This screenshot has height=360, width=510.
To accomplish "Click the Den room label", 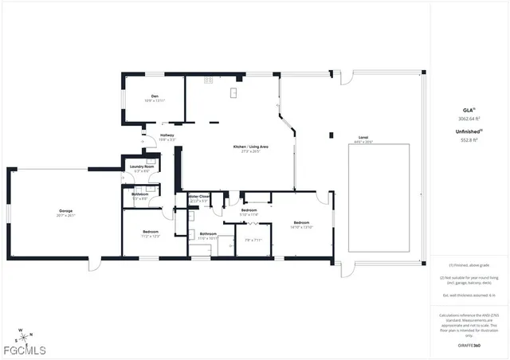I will pos(155,96).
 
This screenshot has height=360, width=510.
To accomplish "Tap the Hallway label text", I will pos(167,135).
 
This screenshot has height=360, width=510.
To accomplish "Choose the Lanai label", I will pos(363,136).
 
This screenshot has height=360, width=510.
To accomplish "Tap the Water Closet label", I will pos(199,196).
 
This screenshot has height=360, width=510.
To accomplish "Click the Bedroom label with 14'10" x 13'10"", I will pos(301,223).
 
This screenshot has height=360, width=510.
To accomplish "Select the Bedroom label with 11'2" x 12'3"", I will pos(151,232).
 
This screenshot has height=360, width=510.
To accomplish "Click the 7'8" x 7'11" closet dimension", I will pos(253,240).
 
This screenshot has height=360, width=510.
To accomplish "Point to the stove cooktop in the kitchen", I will pos(209,80).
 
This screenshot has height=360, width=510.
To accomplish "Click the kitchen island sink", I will pos(233,93).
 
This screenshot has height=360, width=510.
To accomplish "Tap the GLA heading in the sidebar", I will pos(469,109).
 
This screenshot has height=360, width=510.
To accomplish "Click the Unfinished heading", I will pos(469,131).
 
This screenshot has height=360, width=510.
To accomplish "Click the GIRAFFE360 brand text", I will pos(469,346).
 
